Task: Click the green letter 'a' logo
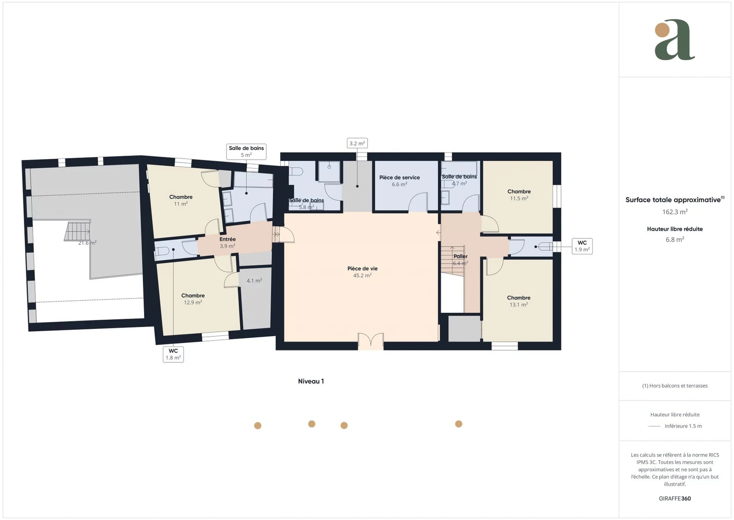[x=675, y=40]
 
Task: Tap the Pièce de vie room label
[x=362, y=268]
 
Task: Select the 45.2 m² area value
[x=362, y=276]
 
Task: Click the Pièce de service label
[x=400, y=177]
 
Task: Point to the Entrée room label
[x=228, y=239]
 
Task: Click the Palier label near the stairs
[x=461, y=256]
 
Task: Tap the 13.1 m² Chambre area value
[x=519, y=305]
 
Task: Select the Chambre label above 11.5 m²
[x=519, y=192]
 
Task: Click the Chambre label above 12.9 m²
[x=193, y=295]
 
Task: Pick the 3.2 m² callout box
[x=357, y=143]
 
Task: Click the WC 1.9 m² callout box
[x=582, y=246]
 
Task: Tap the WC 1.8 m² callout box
[x=173, y=354]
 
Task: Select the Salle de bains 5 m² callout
[x=246, y=152]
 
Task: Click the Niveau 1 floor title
[x=311, y=381]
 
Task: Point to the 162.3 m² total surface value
[x=675, y=212]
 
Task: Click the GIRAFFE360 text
[x=675, y=499]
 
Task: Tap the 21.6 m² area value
[x=87, y=243]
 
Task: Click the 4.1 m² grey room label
[x=254, y=281]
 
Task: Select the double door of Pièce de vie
[x=371, y=341]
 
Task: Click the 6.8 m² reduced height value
[x=675, y=240]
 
